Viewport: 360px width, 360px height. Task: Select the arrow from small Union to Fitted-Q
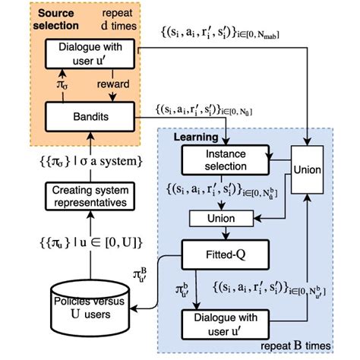point(215,232)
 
